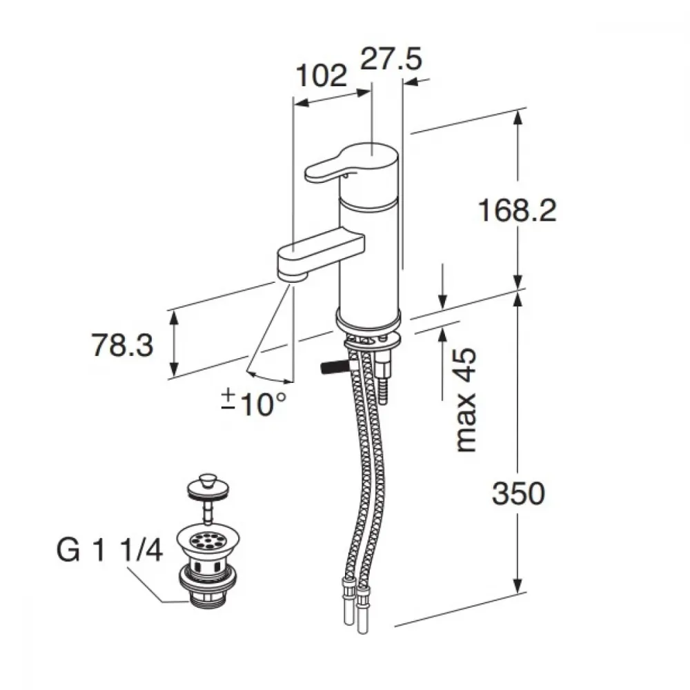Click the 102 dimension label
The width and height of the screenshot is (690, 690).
322,76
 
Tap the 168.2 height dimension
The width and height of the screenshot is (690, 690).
517,210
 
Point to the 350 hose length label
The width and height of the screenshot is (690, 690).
518,493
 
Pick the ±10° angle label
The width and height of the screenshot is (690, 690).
254,403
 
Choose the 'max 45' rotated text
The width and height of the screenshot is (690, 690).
466,400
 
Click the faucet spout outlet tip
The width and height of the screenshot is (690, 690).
291,277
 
